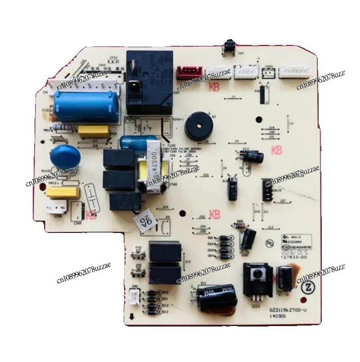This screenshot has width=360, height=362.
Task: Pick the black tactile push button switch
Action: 227,50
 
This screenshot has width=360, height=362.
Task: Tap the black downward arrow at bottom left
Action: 131,316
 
